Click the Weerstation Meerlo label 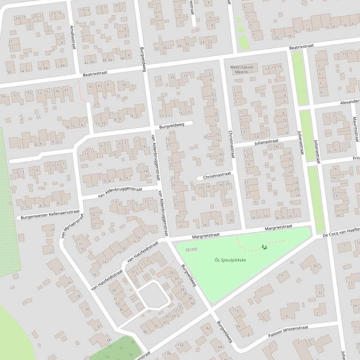coord(242,70)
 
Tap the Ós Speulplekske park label coord(230,260)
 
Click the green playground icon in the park coord(264,247)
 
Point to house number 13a coord(180,345)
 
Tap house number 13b coord(167,353)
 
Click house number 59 coord(3,96)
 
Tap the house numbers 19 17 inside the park coord(191,251)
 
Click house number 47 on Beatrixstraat coord(66,90)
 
